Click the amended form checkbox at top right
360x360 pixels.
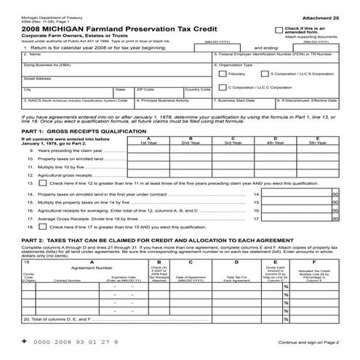coord(269,28)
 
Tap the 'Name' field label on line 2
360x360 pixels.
coord(33,54)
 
